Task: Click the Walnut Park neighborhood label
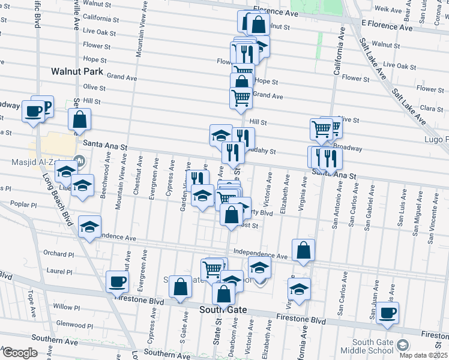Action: pos(77,71)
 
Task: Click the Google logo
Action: pos(19,353)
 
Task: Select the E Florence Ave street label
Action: pos(387,28)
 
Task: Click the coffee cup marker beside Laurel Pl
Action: pos(117,281)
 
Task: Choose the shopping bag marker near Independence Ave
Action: pos(304,250)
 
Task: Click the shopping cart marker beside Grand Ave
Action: pos(241,97)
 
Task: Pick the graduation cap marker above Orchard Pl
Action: pos(90,227)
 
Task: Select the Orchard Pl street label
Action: pos(58,254)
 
